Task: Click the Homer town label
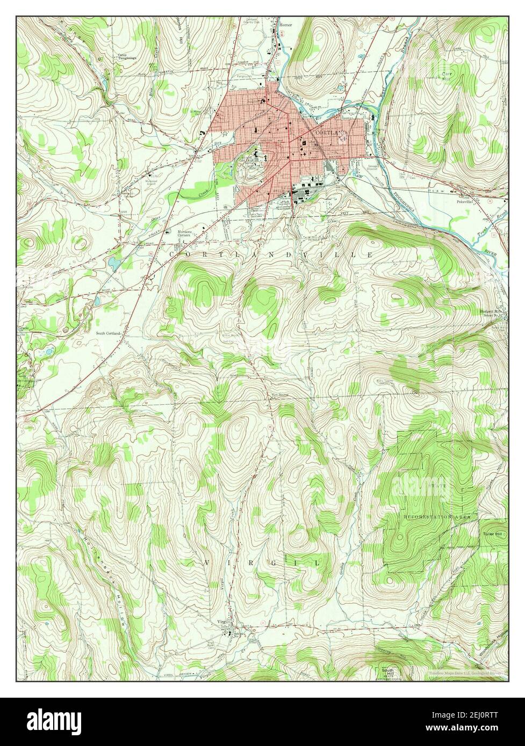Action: pyautogui.click(x=284, y=24)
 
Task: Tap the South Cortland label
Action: pyautogui.click(x=108, y=333)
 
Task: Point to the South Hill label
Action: pyautogui.click(x=387, y=672)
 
